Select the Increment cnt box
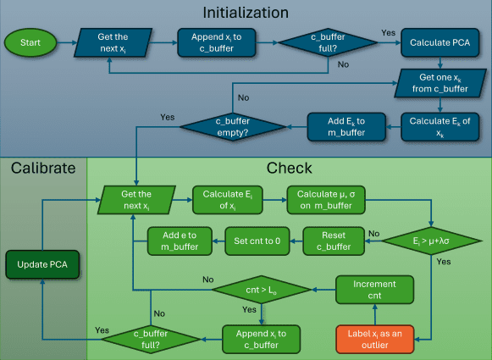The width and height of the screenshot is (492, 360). click(x=374, y=291)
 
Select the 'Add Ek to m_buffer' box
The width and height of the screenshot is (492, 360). click(x=346, y=126)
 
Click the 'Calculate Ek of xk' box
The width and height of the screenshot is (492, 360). click(x=439, y=126)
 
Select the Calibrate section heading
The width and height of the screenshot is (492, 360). click(x=42, y=168)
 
